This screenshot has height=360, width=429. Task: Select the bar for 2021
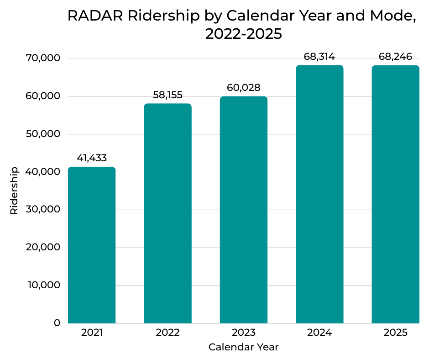[92, 245]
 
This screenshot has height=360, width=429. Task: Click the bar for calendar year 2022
[167, 213]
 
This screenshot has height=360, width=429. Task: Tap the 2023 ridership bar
[243, 210]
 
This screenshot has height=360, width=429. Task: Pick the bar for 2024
[319, 194]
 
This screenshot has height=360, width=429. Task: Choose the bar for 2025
[395, 194]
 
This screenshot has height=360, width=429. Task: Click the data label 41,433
[92, 158]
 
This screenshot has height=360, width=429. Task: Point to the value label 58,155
[167, 95]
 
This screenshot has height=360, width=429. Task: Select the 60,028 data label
[243, 88]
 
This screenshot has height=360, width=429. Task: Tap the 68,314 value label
[319, 57]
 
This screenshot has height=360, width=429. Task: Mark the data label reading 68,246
[395, 57]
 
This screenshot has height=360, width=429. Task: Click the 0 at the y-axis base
[57, 323]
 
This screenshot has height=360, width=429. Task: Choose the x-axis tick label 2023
[243, 333]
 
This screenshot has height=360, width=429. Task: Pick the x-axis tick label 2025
[395, 333]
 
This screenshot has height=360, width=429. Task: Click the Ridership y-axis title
[14, 191]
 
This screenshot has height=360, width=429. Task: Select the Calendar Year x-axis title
[243, 347]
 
